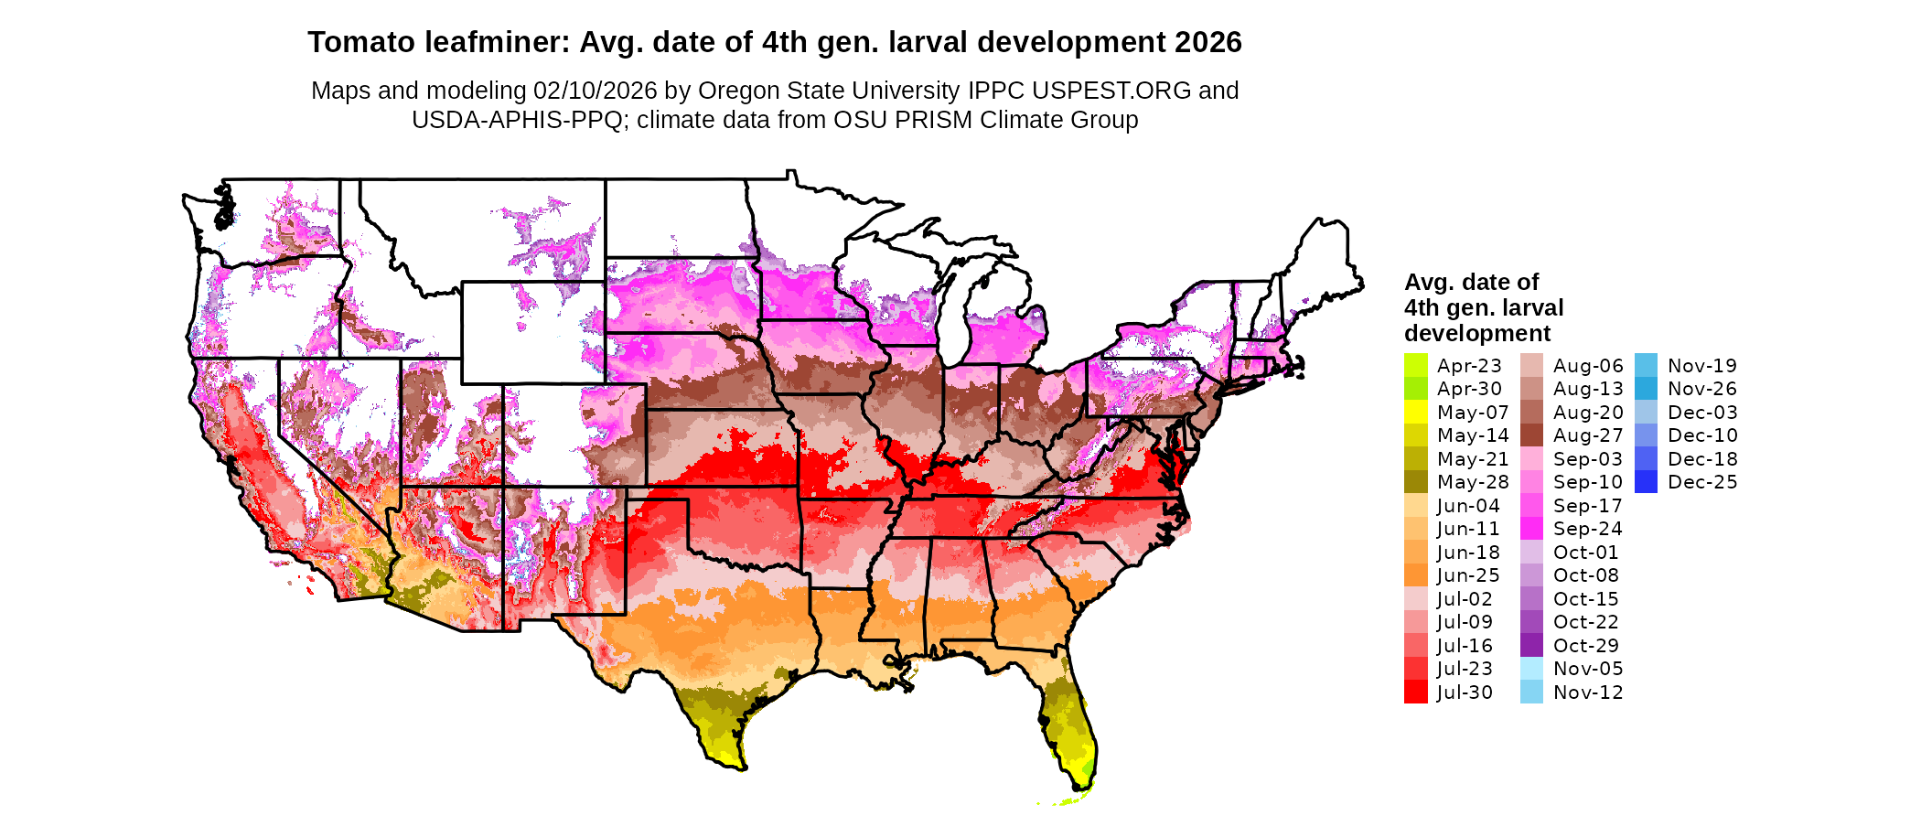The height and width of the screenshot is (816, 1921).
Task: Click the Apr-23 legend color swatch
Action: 1415,365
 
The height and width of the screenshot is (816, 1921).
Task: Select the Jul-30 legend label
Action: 1465,693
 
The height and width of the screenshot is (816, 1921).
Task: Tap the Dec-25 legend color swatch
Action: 1646,482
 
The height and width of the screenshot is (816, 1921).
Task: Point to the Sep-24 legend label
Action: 1587,529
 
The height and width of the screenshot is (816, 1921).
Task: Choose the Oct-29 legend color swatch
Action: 1531,646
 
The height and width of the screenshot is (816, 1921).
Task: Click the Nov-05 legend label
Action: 1588,669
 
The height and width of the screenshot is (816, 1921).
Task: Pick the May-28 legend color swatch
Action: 1415,482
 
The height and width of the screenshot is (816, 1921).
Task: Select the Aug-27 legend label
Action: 1588,435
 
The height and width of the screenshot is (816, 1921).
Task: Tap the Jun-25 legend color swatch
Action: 1415,575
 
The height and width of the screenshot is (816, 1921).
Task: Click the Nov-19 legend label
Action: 1701,366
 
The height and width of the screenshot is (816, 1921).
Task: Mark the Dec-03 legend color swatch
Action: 1646,413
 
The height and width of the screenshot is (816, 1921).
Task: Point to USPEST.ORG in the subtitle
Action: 1111,91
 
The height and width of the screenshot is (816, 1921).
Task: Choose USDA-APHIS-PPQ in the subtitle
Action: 517,120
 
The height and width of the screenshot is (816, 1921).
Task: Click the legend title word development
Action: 1477,333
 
